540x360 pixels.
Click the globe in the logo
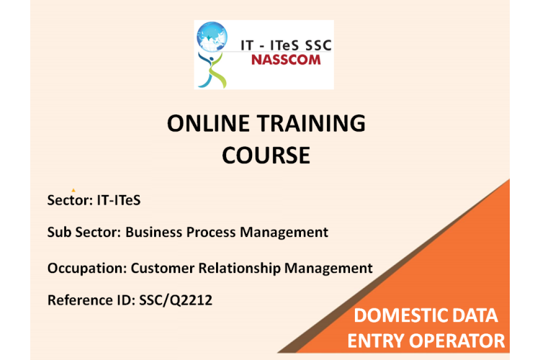pos(212,37)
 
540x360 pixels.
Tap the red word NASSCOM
pos(286,60)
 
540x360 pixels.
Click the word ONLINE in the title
pos(208,123)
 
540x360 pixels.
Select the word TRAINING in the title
pos(311,123)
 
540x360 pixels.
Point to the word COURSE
pos(266,155)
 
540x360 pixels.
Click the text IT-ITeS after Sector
pos(119,200)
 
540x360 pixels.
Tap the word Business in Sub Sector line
pos(153,232)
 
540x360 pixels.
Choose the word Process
pos(211,232)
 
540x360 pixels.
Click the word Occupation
pos(87,269)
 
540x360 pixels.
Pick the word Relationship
pos(239,269)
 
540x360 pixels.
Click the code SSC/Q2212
pos(176,300)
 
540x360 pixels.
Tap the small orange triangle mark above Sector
pos(73,190)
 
